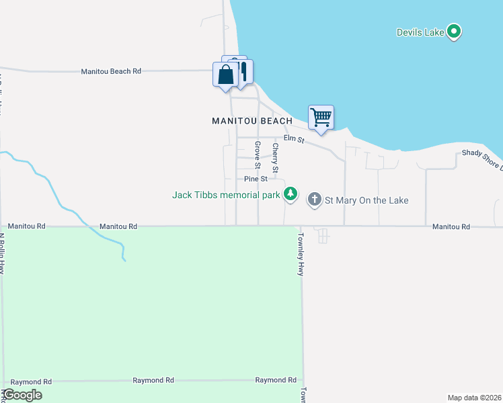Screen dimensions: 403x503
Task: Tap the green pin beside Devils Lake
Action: click(x=454, y=32)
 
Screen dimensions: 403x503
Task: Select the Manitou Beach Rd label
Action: click(x=111, y=71)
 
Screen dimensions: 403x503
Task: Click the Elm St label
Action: click(x=294, y=139)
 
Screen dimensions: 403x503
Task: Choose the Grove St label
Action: click(x=257, y=154)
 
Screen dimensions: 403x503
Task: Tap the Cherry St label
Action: click(x=275, y=156)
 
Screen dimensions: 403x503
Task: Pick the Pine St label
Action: click(x=256, y=179)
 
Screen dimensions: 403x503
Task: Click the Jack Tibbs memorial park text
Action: click(x=225, y=195)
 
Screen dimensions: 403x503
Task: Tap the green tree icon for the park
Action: click(x=290, y=195)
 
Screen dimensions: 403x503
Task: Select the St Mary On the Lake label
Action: click(x=366, y=200)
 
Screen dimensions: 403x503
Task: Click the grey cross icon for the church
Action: click(x=314, y=199)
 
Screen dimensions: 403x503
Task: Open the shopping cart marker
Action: click(x=321, y=117)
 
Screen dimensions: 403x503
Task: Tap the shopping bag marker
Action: click(x=226, y=74)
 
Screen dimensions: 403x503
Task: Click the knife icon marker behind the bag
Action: click(x=243, y=70)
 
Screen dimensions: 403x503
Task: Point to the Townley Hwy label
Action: click(x=302, y=255)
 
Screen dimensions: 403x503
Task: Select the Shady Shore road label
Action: click(x=481, y=159)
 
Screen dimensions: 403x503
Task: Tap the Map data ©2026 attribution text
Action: click(x=474, y=397)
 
